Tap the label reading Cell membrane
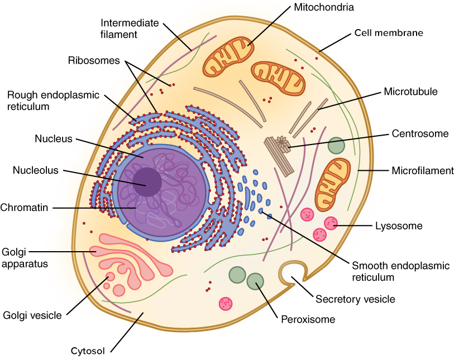point(389,33)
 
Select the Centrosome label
point(420,133)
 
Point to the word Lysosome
point(399,226)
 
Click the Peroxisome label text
point(308,320)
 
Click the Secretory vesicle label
point(355,299)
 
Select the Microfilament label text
point(423,171)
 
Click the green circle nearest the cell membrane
point(336,146)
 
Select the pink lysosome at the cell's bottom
point(226,303)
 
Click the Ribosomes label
point(94,60)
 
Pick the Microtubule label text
point(410,92)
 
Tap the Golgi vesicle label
point(32,315)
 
